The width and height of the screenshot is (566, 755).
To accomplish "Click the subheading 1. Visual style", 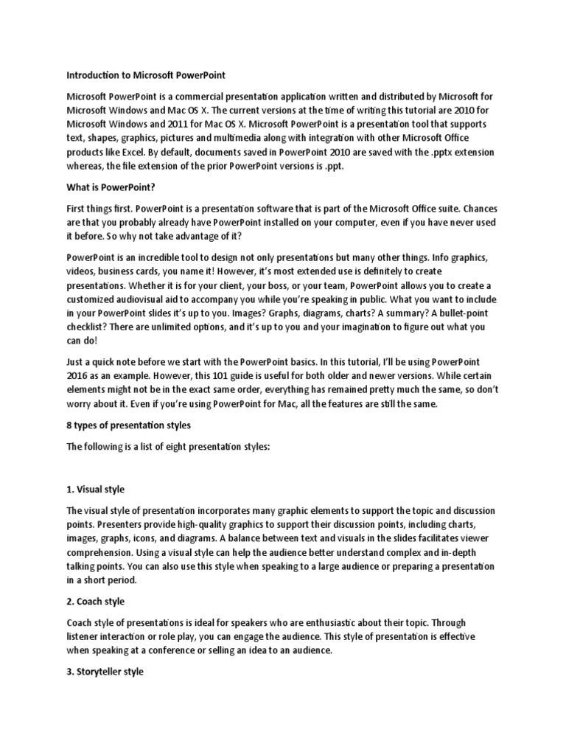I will (x=96, y=489).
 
